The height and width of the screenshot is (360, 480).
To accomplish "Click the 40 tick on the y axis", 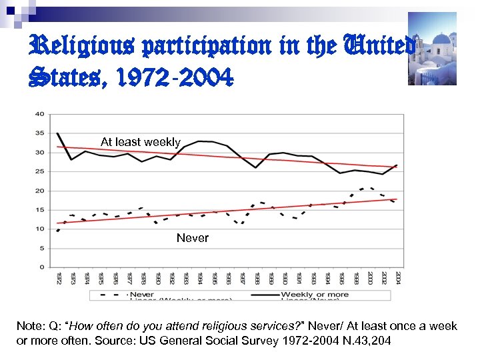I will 39,114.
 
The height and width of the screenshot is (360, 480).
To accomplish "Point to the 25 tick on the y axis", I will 39,171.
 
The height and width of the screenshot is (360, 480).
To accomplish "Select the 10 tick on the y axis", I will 39,229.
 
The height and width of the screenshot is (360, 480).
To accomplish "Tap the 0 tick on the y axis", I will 41,267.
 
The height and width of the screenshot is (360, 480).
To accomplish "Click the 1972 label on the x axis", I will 59,279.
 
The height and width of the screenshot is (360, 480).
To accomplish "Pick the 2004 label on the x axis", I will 397,279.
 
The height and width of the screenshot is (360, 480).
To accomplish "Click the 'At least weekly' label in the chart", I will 140,142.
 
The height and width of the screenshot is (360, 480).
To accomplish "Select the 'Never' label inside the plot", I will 192,238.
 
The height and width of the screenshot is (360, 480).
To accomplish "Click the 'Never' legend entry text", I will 142,294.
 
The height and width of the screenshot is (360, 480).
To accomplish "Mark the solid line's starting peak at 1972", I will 58,133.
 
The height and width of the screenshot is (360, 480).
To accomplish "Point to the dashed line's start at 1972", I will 58,231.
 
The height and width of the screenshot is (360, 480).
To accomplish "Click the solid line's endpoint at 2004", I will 397,165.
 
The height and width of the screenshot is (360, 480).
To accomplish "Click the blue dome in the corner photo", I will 441,39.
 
